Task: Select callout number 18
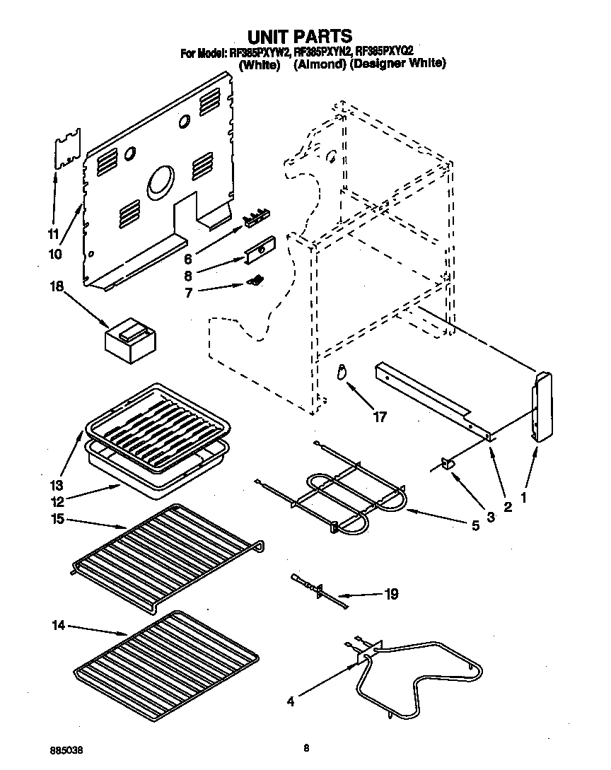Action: (56, 286)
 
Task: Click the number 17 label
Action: (380, 417)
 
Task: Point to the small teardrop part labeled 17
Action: (342, 371)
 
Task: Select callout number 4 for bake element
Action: (291, 702)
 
